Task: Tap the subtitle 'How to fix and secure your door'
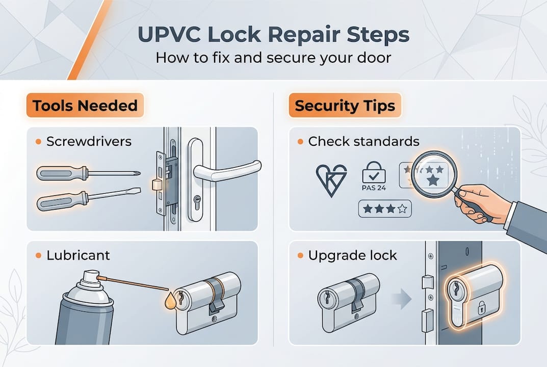point(273,57)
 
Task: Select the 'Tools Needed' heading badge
point(85,106)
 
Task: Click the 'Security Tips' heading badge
point(345,106)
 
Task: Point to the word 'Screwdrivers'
point(89,141)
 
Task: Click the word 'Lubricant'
point(78,255)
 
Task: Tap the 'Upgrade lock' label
point(352,255)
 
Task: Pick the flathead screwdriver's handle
point(57,200)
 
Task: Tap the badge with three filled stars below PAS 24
point(384,208)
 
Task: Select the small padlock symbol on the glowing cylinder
point(481,307)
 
